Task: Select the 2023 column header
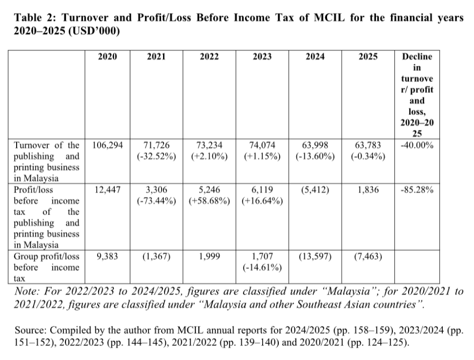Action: [x=262, y=57]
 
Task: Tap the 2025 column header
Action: [x=368, y=57]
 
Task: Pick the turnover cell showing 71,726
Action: [x=156, y=145]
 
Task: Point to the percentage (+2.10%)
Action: [x=209, y=157]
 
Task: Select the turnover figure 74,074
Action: [x=262, y=145]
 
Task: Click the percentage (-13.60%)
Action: [x=315, y=157]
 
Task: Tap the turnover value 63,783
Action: [x=368, y=145]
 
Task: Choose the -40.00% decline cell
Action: [x=417, y=145]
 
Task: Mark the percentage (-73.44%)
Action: [x=156, y=201]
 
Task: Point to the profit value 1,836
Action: [x=368, y=190]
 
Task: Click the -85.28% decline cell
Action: [x=417, y=190]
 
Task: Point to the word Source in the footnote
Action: [x=29, y=329]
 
